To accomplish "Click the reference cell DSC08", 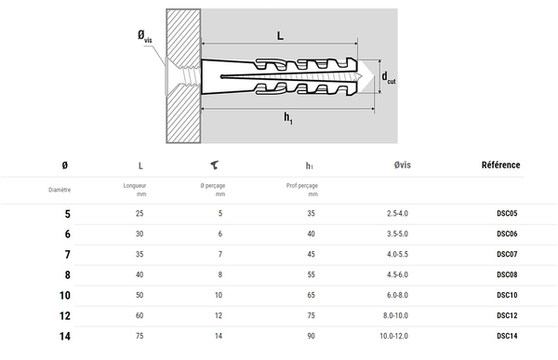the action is click(x=507, y=274).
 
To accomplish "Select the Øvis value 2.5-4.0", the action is click(x=397, y=213).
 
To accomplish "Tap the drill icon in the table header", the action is click(x=214, y=165).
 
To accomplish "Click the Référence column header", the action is click(x=500, y=165).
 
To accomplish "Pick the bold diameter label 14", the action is click(x=65, y=336).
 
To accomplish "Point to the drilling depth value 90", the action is click(x=311, y=336).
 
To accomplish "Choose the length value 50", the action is click(x=139, y=295).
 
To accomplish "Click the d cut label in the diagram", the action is click(x=388, y=77).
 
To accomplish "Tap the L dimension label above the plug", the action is click(x=281, y=35).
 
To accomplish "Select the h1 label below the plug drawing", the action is click(x=288, y=118).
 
